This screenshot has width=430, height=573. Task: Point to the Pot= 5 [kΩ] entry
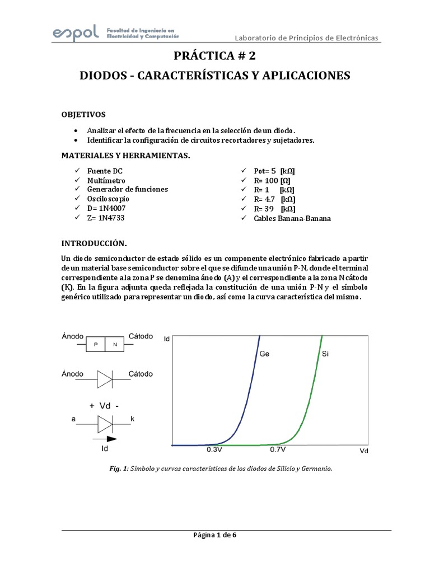pos(274,171)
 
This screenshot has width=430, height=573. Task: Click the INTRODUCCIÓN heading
pos(94,244)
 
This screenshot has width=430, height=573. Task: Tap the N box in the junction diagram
pos(114,345)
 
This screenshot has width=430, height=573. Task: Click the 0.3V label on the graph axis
pos(216,449)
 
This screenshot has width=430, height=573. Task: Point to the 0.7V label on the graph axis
pos(277,449)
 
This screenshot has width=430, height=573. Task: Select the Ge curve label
pos(265,354)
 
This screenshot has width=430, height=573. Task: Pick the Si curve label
pos(326,354)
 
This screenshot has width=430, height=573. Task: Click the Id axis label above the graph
pos(166,339)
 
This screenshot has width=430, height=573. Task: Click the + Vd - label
pos(105,407)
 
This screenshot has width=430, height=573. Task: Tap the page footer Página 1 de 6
pos(214,535)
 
